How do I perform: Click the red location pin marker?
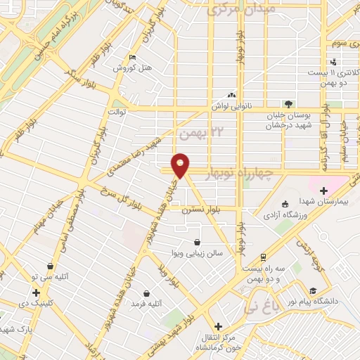[x=181, y=165]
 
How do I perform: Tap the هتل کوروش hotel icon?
[x=132, y=58]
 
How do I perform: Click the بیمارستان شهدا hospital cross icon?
[x=323, y=190]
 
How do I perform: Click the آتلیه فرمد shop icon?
[x=146, y=292]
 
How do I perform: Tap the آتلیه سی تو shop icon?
[x=51, y=266]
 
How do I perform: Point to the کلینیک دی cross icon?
[x=35, y=292]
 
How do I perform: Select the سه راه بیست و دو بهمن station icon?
[x=262, y=257]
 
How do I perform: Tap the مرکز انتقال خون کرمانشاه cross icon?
[x=219, y=327]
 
